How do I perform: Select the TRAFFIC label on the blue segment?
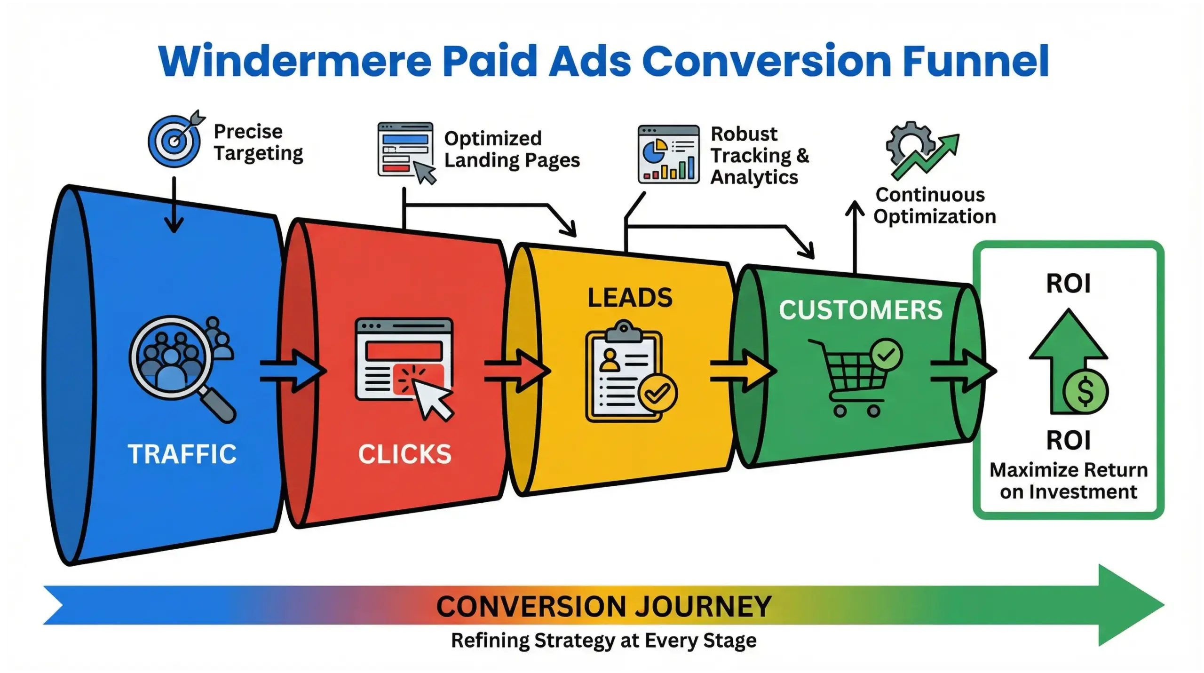[x=182, y=454]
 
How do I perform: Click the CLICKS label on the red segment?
[x=405, y=454]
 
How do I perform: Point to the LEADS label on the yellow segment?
[x=630, y=298]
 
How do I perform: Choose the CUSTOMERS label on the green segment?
[x=861, y=310]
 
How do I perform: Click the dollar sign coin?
[x=1085, y=392]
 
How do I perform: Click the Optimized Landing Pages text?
[x=512, y=150]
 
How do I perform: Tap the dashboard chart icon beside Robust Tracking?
[x=668, y=154]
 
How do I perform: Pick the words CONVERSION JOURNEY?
[x=604, y=606]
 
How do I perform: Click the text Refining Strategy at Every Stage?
[x=604, y=641]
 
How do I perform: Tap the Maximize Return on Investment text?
[x=1069, y=481]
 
